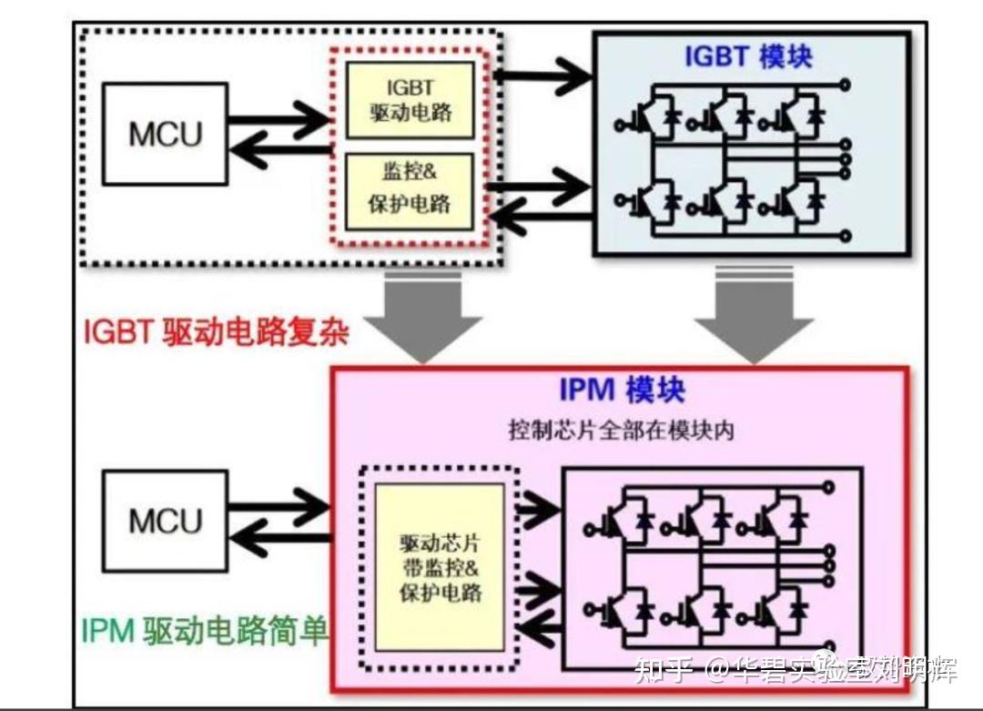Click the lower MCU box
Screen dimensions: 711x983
(x=165, y=520)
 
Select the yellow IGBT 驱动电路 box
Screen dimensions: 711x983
(x=410, y=99)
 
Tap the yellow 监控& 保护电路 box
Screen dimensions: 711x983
(x=410, y=191)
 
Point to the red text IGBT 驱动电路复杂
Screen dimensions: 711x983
(x=217, y=332)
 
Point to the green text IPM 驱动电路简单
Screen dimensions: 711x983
(x=205, y=630)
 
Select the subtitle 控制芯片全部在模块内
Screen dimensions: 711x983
(x=621, y=430)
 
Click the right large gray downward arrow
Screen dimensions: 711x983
(x=753, y=314)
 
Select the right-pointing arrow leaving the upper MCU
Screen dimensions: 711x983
(x=278, y=118)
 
